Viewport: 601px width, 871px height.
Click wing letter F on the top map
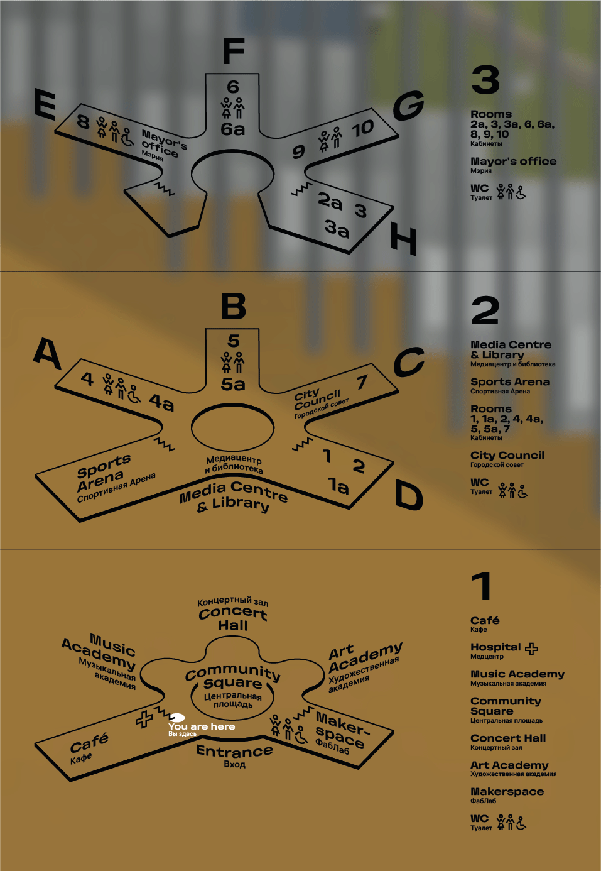(234, 52)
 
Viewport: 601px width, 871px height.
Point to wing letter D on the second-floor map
(408, 495)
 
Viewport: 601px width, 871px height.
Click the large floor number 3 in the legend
(485, 80)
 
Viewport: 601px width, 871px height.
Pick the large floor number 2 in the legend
(485, 310)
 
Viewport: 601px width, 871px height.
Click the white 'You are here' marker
(177, 718)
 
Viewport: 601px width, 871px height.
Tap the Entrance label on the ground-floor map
(234, 751)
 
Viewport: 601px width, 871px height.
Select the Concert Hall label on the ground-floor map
(233, 618)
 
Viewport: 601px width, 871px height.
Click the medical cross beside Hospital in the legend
(531, 649)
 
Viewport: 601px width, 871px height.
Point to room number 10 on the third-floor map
(362, 129)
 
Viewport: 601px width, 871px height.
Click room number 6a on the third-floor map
(232, 129)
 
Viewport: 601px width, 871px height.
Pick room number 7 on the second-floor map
(362, 382)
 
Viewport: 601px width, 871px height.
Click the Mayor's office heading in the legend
(513, 162)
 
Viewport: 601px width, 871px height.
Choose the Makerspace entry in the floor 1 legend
(507, 792)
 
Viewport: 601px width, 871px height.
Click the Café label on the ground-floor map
(89, 743)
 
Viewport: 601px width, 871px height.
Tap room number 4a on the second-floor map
(161, 402)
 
